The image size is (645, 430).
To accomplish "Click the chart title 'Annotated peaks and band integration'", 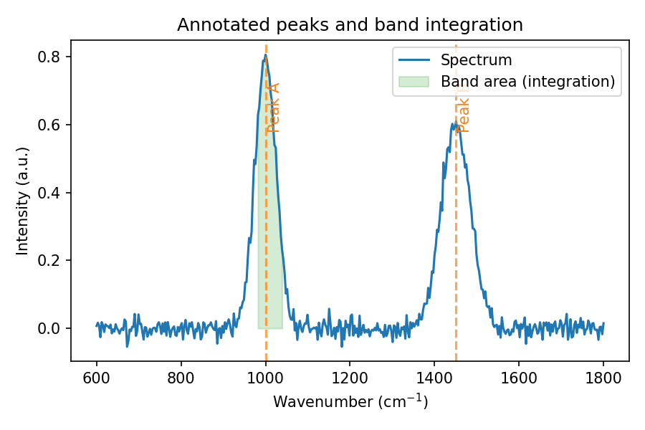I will tap(350, 25).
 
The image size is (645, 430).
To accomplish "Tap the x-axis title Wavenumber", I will tap(350, 402).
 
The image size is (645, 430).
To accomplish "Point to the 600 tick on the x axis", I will tap(97, 376).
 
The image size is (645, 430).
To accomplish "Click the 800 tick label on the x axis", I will tap(181, 376).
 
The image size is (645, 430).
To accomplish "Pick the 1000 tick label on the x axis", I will tap(265, 376).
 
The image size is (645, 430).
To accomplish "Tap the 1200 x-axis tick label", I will tap(350, 376).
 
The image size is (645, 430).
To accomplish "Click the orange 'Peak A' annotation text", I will tap(273, 107).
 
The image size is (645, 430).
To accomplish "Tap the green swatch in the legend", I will tap(414, 82).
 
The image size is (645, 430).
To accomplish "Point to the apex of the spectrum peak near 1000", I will tap(265, 54).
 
